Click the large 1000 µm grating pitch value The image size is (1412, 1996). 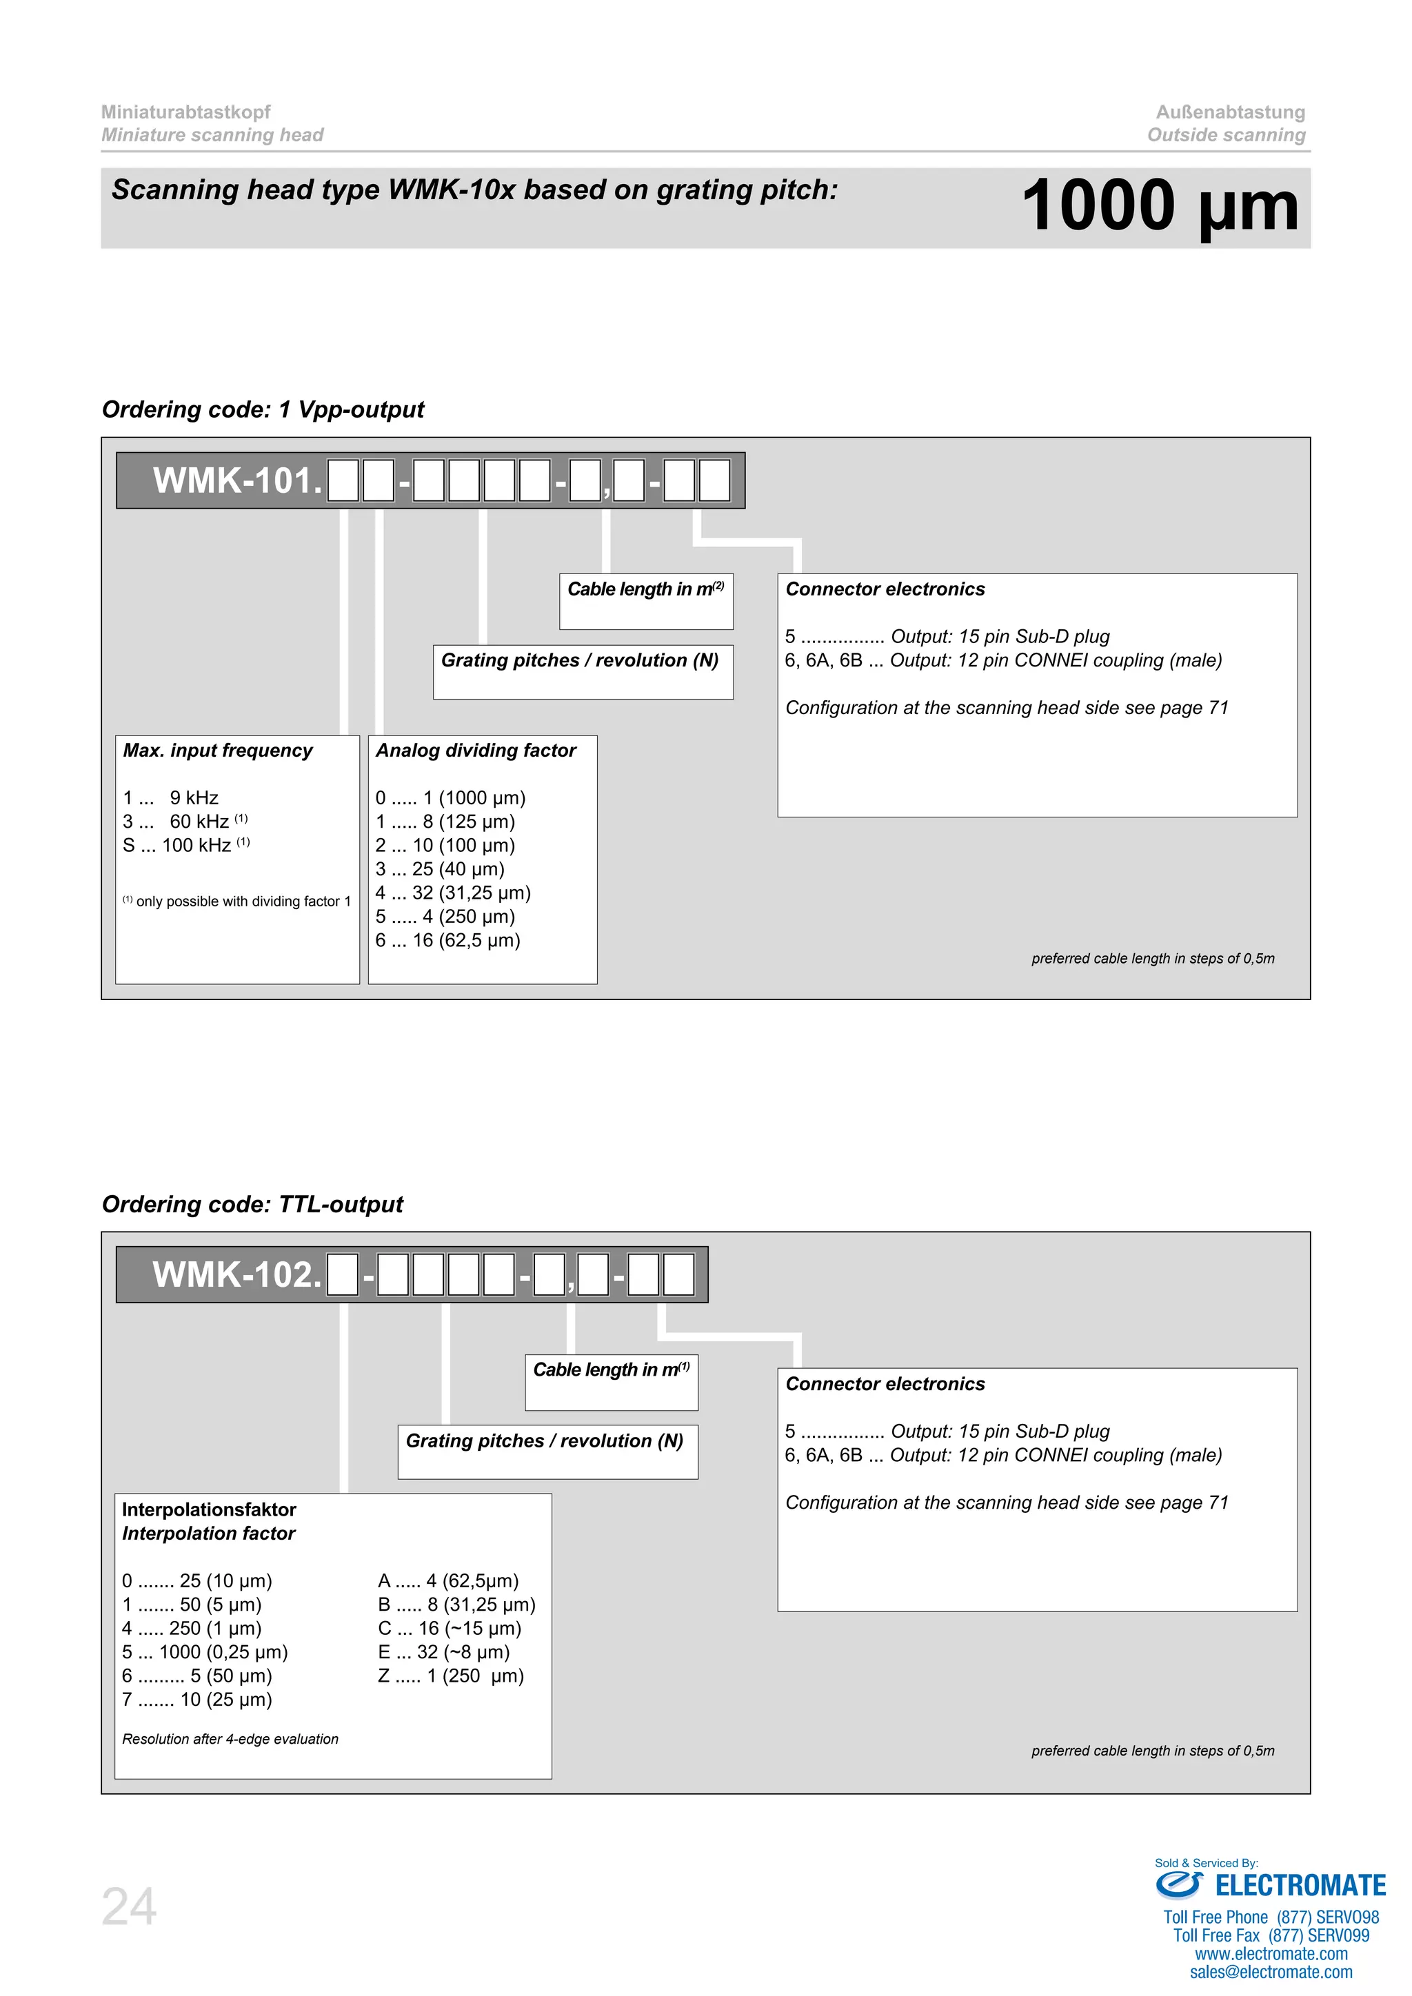pyautogui.click(x=1159, y=206)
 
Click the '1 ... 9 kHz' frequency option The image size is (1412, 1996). pyautogui.click(x=171, y=798)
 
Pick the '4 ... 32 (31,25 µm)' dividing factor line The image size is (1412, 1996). pyautogui.click(x=453, y=893)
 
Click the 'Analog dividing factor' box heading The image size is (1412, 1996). pyautogui.click(x=476, y=751)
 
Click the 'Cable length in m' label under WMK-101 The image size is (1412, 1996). pyautogui.click(x=645, y=589)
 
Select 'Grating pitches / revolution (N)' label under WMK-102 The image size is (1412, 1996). pyautogui.click(x=544, y=1440)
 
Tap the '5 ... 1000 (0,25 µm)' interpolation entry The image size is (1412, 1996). pyautogui.click(x=205, y=1652)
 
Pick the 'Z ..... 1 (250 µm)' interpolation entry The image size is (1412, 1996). pyautogui.click(x=450, y=1676)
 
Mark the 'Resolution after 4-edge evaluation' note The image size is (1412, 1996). pyautogui.click(x=230, y=1739)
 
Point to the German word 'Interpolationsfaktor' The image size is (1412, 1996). pyautogui.click(x=209, y=1509)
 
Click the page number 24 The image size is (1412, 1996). pyautogui.click(x=130, y=1906)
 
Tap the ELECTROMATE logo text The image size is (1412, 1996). pyautogui.click(x=1299, y=1886)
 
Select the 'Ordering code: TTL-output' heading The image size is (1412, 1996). pyautogui.click(x=252, y=1204)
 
